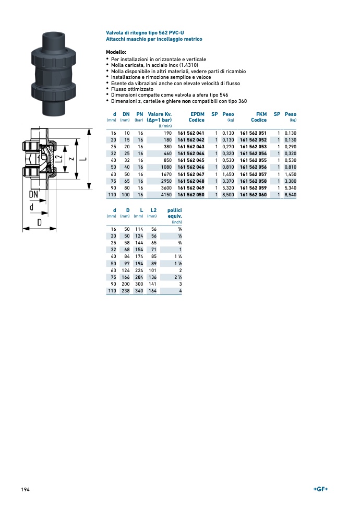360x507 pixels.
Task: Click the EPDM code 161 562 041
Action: [190, 133]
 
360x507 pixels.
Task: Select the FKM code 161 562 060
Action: [253, 194]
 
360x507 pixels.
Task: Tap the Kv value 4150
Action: [166, 194]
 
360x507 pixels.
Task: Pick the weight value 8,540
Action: [291, 194]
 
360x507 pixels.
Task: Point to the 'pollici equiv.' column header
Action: [174, 213]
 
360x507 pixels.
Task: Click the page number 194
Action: [26, 489]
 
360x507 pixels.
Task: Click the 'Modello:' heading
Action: [116, 52]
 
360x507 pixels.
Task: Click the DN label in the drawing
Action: [34, 194]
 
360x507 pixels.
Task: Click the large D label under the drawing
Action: [39, 222]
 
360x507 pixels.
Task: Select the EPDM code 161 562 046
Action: [190, 167]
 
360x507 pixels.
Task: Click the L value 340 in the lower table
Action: [138, 290]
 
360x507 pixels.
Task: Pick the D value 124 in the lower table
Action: [125, 270]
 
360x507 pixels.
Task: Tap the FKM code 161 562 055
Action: [253, 160]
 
